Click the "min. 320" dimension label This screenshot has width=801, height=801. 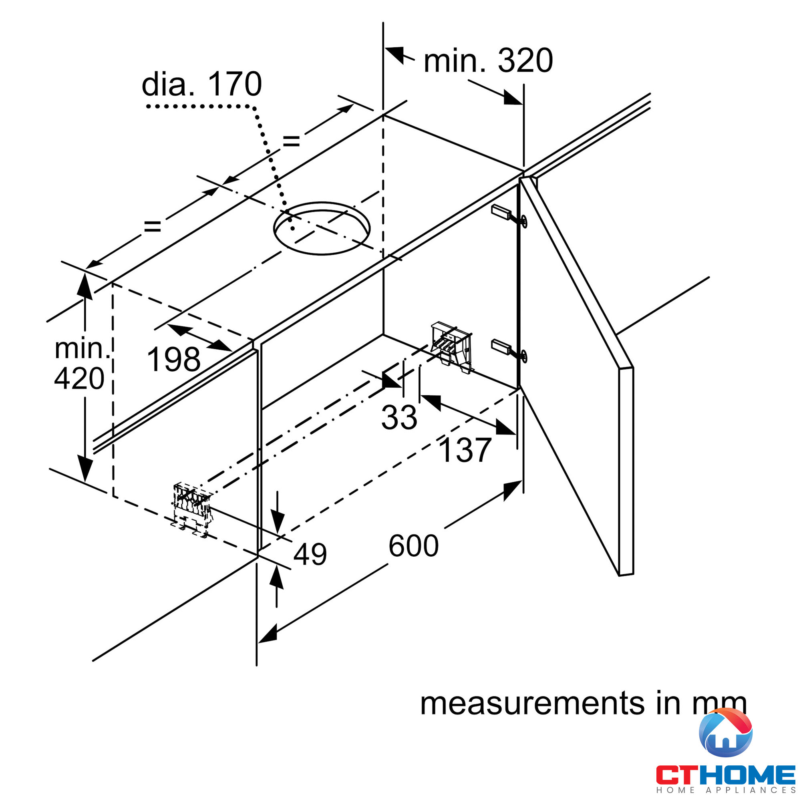488,60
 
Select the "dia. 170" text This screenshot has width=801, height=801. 202,84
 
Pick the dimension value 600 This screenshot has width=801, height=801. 413,545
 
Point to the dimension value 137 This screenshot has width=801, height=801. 465,450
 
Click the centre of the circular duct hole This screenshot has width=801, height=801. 322,228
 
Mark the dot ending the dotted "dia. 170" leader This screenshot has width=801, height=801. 293,228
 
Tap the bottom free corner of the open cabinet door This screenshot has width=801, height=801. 619,576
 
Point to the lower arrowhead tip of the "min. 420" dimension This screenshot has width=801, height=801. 85,482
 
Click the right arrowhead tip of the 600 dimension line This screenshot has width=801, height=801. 522,481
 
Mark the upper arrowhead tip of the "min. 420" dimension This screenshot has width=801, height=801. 85,273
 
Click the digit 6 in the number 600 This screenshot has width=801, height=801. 397,545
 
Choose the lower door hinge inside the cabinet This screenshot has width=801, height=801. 509,350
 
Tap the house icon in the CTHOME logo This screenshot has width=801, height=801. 726,739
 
